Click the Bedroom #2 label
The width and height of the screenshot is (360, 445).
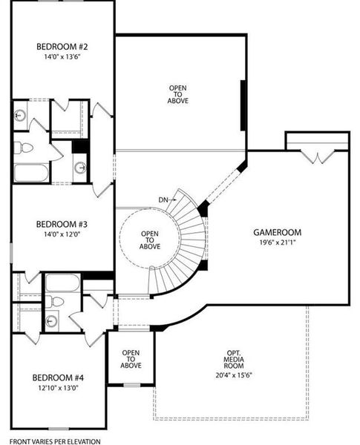(62, 46)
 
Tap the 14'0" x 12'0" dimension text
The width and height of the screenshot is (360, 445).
(61, 234)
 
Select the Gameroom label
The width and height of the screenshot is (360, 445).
(277, 232)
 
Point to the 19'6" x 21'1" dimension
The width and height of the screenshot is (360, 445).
(278, 243)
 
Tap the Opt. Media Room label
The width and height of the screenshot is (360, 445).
(234, 360)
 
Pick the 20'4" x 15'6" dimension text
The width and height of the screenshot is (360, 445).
(234, 375)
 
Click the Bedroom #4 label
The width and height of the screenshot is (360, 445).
(58, 378)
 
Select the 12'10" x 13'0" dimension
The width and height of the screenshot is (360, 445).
(58, 388)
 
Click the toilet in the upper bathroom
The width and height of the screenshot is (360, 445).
(23, 148)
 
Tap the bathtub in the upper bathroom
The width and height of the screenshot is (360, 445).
(31, 173)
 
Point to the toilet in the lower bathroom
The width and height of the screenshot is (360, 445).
(54, 301)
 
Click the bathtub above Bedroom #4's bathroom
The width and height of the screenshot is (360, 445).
(63, 283)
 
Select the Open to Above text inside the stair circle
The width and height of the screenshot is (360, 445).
(150, 240)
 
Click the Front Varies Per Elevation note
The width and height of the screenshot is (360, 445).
(55, 441)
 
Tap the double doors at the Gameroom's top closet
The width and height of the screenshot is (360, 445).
(318, 157)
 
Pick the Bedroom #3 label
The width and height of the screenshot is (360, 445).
(62, 224)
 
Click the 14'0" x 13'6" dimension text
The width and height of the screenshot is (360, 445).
(62, 56)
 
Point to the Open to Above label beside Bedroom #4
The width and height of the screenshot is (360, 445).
(131, 359)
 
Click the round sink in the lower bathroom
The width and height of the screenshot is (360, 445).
(52, 320)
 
